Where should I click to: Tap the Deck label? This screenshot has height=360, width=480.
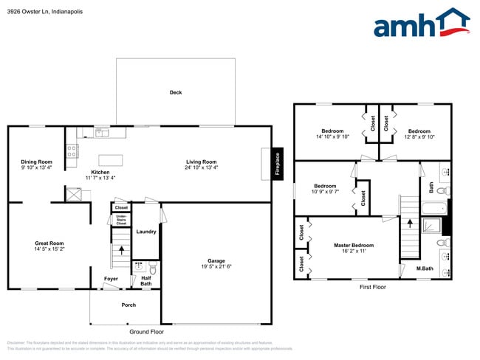pos(176,92)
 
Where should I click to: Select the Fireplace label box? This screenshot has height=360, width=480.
pos(278,163)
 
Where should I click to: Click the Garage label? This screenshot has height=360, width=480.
pos(216,261)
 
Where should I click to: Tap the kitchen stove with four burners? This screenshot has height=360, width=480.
pos(72,151)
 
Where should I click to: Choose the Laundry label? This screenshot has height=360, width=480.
pos(145,232)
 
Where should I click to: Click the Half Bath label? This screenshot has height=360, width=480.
pos(145,281)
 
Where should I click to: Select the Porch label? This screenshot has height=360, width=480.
pos(128,304)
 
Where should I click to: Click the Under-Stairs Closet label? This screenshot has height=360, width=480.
pos(121,220)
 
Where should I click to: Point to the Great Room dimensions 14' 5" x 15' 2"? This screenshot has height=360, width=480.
pos(49,249)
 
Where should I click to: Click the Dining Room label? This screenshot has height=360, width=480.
pos(36,162)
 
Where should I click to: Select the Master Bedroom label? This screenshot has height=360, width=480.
pos(353,245)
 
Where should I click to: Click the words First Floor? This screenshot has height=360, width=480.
pos(373,287)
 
